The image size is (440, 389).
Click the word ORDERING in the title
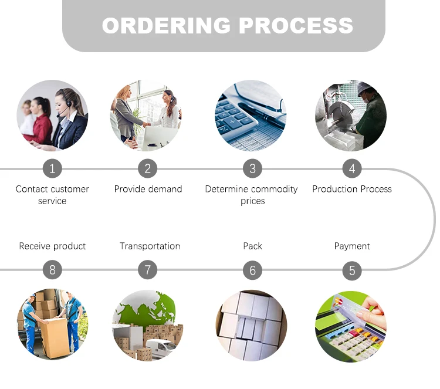167,26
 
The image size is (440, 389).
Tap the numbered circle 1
52,169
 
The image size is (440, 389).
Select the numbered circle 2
147,169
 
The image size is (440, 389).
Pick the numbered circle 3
252,169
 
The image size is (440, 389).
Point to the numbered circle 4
352,169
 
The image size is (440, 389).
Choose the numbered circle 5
352,270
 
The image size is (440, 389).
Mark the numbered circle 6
252,270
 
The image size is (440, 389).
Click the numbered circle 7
147,270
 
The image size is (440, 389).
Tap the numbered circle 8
52,270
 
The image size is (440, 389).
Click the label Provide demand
148,189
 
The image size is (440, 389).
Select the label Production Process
352,189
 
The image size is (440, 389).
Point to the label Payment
352,246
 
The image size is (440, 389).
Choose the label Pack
252,246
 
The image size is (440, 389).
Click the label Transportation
150,246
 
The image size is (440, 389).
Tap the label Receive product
52,246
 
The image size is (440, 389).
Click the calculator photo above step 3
251,116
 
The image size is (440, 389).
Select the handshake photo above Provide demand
146,116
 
